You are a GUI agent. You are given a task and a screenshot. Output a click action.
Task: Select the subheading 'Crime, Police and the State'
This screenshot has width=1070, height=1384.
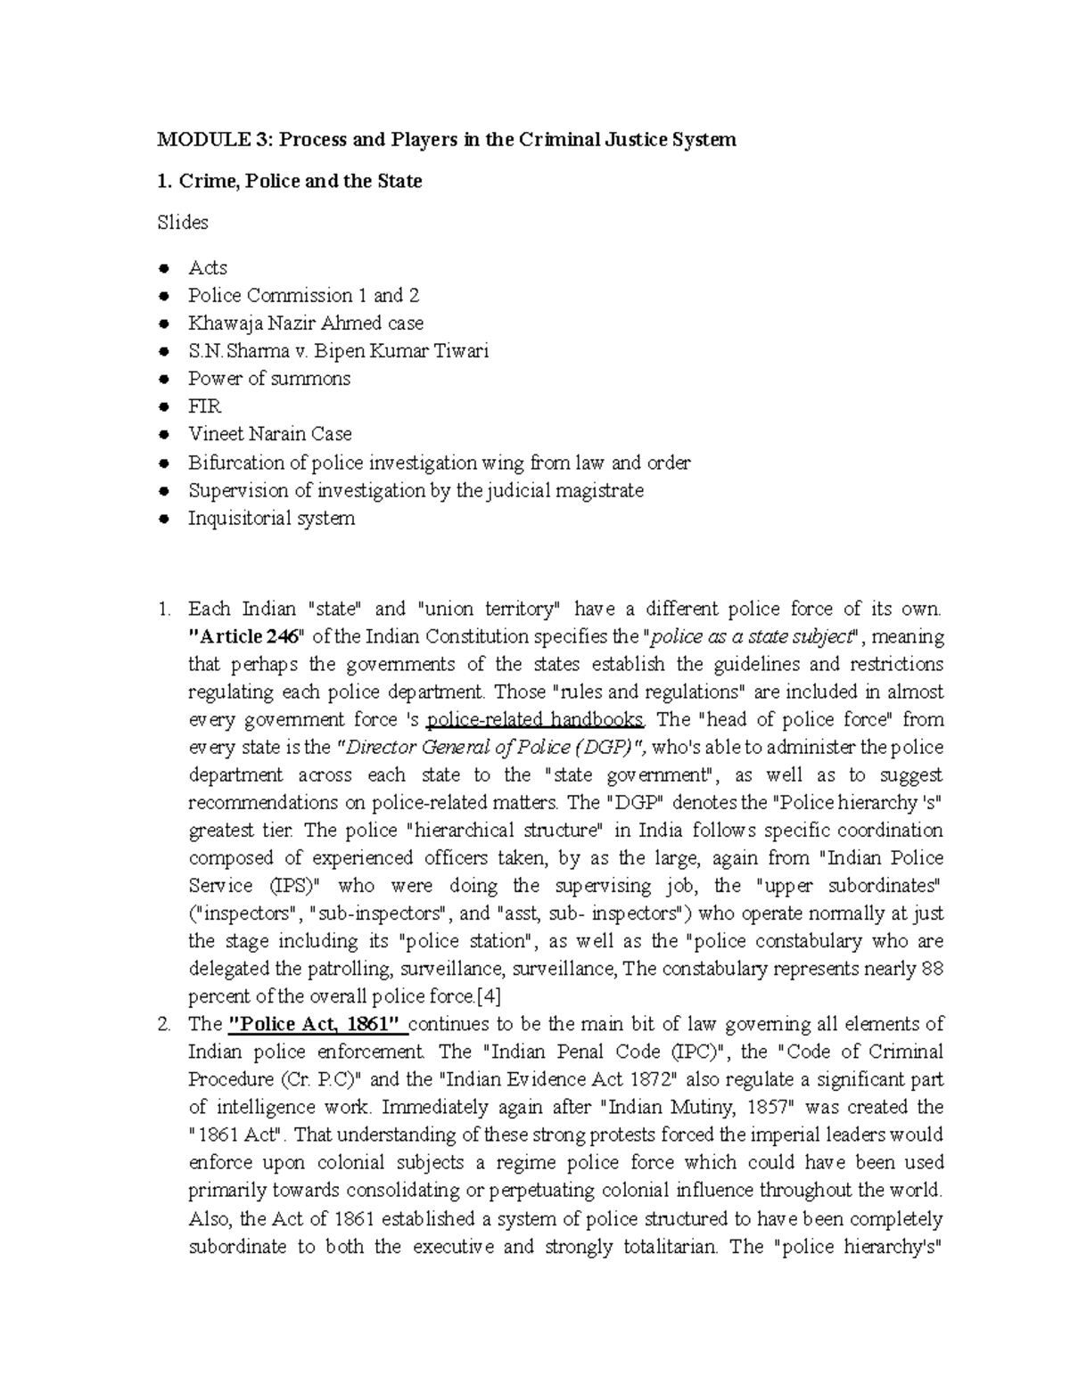(300, 182)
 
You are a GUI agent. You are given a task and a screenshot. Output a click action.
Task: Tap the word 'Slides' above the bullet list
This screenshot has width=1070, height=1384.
(183, 223)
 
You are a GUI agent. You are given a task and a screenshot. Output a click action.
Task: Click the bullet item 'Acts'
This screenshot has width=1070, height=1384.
(208, 268)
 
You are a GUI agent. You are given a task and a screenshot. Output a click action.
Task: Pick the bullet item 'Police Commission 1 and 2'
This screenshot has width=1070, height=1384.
(303, 296)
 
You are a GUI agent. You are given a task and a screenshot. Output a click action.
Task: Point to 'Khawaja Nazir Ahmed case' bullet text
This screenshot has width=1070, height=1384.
(306, 323)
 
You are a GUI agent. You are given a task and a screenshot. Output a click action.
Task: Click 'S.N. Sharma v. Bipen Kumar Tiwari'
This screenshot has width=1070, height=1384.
(338, 351)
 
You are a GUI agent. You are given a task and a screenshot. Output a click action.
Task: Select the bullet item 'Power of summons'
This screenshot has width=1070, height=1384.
(269, 379)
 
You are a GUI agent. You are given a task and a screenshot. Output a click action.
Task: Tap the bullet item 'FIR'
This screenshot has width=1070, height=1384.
(204, 406)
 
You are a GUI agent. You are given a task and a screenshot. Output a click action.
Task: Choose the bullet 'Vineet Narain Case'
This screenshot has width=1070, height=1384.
(270, 434)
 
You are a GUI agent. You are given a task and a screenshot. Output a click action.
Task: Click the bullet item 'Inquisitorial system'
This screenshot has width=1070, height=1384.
(271, 518)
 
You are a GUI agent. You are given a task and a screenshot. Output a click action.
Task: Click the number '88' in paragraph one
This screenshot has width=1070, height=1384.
(932, 969)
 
